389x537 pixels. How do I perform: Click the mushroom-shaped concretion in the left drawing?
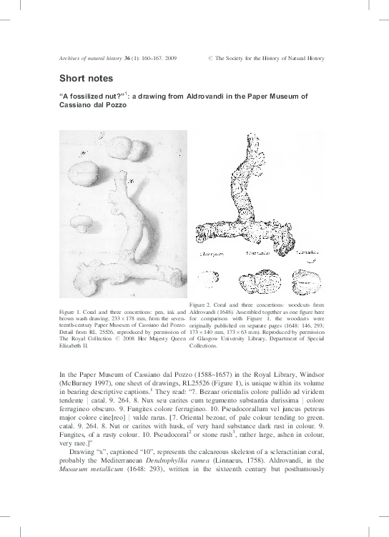click(x=84, y=224)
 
